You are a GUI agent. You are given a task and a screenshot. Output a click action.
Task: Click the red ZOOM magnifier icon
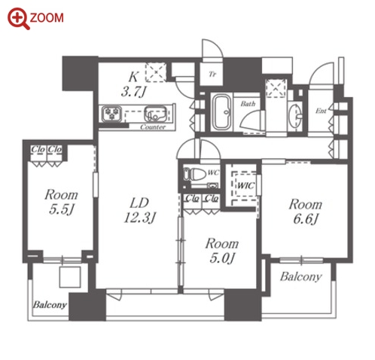19,19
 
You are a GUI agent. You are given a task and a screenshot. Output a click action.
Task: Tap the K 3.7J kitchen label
133,84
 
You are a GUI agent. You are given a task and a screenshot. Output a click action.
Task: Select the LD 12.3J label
140,210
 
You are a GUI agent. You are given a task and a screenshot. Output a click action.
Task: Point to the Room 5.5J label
61,202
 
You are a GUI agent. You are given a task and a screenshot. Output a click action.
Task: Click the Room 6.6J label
306,212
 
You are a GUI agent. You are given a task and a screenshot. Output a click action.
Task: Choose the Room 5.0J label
222,251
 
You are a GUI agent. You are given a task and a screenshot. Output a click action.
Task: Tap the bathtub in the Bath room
221,112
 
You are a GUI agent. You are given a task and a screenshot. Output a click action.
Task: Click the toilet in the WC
194,174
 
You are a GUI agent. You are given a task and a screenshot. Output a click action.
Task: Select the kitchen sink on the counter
155,114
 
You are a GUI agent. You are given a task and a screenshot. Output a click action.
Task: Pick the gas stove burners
111,114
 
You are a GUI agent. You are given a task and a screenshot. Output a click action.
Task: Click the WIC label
245,186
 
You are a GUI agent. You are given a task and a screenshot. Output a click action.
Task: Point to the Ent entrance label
321,111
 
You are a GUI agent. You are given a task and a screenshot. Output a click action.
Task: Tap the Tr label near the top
212,75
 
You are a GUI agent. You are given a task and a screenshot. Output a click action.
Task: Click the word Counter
153,127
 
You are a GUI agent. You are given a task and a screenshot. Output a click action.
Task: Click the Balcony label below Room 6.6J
301,276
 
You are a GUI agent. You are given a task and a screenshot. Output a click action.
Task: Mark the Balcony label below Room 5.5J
50,305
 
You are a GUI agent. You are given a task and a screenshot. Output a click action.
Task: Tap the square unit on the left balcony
70,277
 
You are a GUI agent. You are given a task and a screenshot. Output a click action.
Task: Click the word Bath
248,103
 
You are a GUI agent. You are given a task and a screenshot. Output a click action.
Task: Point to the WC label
213,172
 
